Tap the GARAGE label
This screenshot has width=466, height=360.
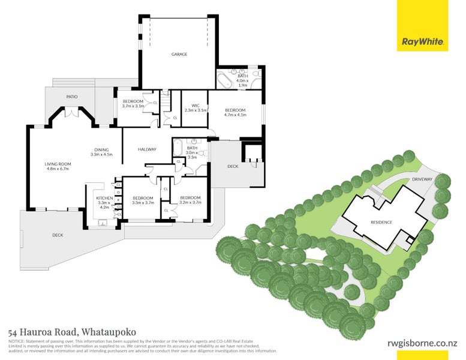(x=179, y=54)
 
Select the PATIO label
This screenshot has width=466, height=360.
(x=72, y=96)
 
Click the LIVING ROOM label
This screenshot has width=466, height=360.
(x=58, y=166)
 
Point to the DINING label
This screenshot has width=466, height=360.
(x=101, y=152)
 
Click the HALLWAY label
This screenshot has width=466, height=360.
(x=147, y=149)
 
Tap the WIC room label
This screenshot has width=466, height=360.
(x=195, y=108)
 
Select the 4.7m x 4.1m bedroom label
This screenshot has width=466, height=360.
(x=235, y=112)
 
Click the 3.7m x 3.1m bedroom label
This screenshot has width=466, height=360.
(x=133, y=103)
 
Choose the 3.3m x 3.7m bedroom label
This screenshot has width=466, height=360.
(x=143, y=200)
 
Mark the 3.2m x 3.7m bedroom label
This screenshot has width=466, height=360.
(x=190, y=200)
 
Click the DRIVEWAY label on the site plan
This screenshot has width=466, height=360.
(x=422, y=179)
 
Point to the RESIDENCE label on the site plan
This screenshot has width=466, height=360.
(x=381, y=222)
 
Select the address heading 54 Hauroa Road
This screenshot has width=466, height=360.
(x=73, y=331)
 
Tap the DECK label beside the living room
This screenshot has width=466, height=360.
(x=58, y=235)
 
